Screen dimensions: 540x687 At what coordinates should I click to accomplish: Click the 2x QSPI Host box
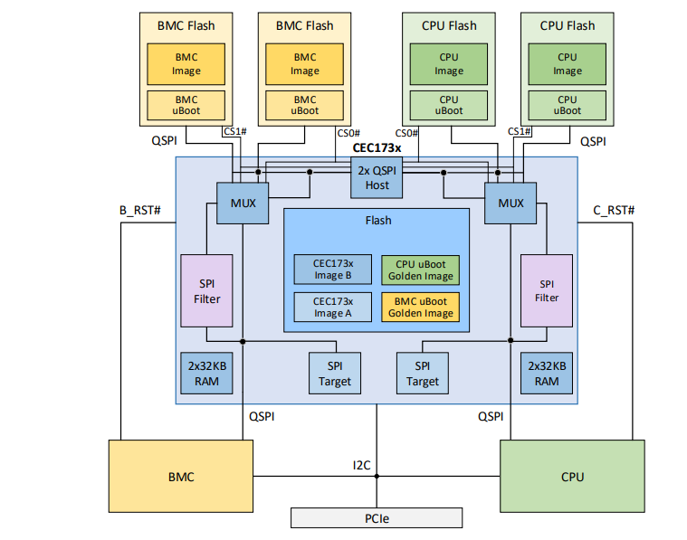coord(377,178)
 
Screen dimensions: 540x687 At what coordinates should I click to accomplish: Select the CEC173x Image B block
coord(332,270)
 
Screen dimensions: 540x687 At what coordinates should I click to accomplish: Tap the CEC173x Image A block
coord(332,307)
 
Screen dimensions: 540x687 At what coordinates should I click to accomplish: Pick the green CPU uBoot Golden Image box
coord(420,270)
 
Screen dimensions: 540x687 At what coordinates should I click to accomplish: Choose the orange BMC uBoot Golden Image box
coord(420,307)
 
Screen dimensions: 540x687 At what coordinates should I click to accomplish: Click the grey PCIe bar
coord(377,518)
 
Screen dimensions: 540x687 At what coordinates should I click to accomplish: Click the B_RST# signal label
coord(140,210)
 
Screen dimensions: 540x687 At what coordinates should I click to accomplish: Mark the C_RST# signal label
coord(614,210)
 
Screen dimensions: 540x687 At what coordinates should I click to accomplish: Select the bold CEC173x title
coord(377,147)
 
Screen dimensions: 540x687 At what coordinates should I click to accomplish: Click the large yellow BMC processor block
coord(181,476)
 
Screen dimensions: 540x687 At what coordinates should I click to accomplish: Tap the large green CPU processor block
coord(572,476)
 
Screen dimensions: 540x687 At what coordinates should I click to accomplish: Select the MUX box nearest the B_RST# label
coord(243,203)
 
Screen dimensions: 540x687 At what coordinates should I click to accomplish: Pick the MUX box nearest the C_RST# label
coord(510,203)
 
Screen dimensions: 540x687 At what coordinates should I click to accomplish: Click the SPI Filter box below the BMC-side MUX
coord(207,290)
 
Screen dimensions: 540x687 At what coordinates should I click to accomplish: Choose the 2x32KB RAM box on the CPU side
coord(546,373)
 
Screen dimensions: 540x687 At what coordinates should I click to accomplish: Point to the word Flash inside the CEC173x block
coord(377,220)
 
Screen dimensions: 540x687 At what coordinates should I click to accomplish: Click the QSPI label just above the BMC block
coord(262,416)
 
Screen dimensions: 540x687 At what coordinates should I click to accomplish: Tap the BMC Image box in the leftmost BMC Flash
coord(186,63)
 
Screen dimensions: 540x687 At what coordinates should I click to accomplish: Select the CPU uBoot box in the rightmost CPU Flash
coord(568,105)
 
